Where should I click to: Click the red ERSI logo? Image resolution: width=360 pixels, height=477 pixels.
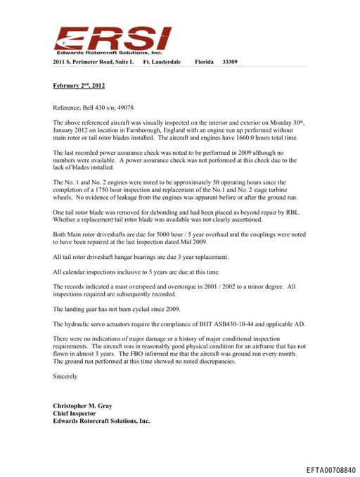click(x=112, y=38)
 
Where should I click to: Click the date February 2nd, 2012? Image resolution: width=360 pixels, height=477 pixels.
click(x=79, y=86)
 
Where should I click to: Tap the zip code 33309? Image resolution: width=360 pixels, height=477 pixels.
click(x=229, y=63)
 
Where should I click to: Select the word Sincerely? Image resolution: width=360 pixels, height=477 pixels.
click(x=67, y=376)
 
